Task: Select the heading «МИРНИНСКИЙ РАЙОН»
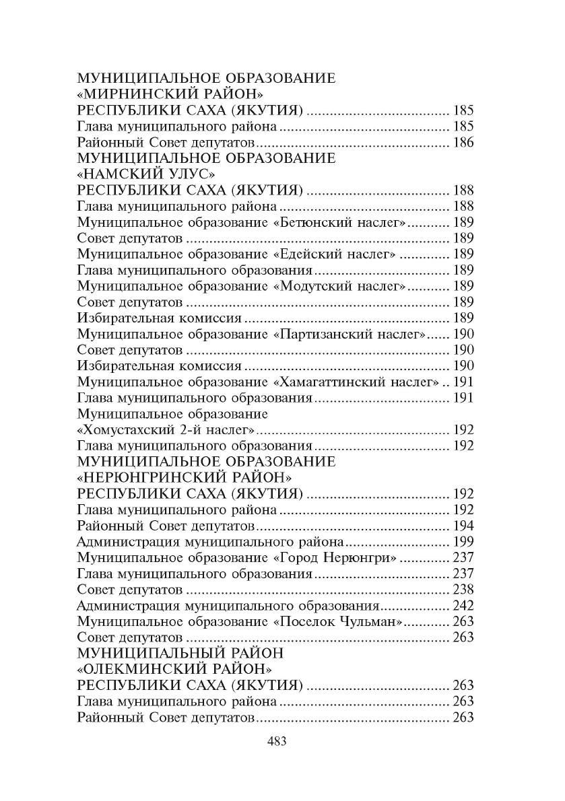point(171,94)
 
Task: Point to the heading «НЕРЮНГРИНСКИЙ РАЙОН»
point(185,477)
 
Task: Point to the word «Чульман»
point(370,621)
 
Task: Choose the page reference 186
point(463,142)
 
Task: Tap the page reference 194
point(463,526)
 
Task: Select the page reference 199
point(463,541)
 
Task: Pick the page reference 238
point(463,590)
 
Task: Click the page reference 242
point(463,605)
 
